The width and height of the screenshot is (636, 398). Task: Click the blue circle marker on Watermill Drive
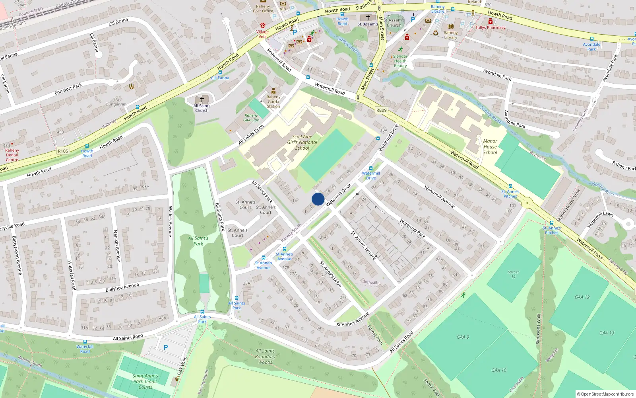pyautogui.click(x=318, y=199)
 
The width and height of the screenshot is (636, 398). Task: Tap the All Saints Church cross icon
pyautogui.click(x=202, y=99)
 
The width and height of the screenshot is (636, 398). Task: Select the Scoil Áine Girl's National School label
pyautogui.click(x=302, y=142)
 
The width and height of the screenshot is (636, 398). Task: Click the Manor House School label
pyautogui.click(x=490, y=146)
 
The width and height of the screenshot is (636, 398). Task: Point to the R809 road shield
pyautogui.click(x=381, y=110)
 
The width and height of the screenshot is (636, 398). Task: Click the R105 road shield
pyautogui.click(x=63, y=151)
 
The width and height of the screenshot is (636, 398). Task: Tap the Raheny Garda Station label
pyautogui.click(x=273, y=101)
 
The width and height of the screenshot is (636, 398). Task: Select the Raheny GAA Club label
pyautogui.click(x=251, y=117)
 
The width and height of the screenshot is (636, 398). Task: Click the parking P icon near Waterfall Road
pyautogui.click(x=166, y=347)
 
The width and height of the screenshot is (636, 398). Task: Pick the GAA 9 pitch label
pyautogui.click(x=463, y=337)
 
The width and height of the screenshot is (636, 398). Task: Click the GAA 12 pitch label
pyautogui.click(x=582, y=297)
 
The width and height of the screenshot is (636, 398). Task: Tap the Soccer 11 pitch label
pyautogui.click(x=513, y=274)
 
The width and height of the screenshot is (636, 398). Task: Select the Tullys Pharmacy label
pyautogui.click(x=491, y=27)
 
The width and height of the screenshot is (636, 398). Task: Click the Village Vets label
pyautogui.click(x=262, y=34)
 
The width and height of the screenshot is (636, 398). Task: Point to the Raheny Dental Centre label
pyautogui.click(x=12, y=155)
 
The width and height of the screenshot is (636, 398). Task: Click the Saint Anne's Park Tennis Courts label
pyautogui.click(x=145, y=381)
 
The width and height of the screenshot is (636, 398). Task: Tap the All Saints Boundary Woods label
pyautogui.click(x=265, y=357)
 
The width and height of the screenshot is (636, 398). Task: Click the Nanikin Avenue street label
pyautogui.click(x=117, y=246)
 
